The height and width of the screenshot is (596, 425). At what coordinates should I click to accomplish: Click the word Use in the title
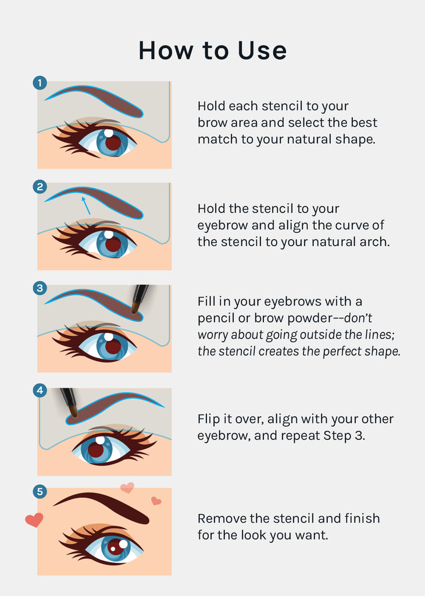point(262,50)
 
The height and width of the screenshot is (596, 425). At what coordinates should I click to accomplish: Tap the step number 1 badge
point(40,83)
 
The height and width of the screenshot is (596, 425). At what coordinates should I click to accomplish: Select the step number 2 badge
point(40,187)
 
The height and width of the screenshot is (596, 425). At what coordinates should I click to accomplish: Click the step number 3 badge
point(40,288)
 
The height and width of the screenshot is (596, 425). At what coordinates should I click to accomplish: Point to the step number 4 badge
point(40,391)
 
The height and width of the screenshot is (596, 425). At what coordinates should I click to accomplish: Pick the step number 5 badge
point(40,491)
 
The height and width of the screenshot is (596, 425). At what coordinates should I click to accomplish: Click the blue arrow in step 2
point(86,205)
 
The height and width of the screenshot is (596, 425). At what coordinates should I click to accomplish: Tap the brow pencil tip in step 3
point(134,308)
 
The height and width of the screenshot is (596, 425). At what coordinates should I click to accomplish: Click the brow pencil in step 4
point(70,402)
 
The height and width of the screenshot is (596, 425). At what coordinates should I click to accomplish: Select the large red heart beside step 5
point(34,520)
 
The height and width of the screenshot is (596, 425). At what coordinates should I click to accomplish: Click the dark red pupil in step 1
point(113,143)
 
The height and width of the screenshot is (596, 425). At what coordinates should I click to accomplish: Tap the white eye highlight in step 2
point(109,235)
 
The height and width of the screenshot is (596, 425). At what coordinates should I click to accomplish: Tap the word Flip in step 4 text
point(209,419)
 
